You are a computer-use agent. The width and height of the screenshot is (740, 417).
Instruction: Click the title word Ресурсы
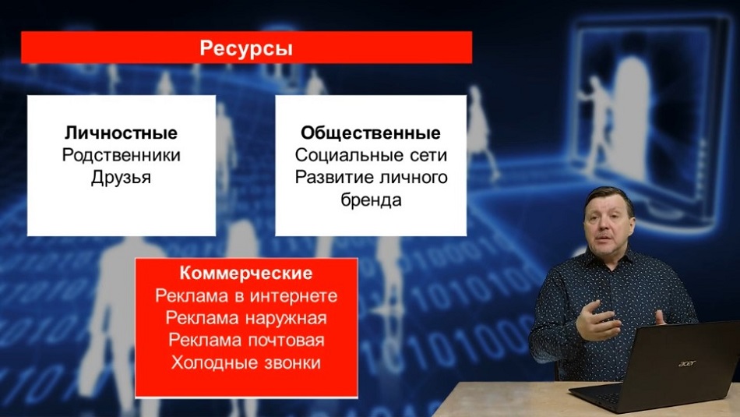[x=246, y=48]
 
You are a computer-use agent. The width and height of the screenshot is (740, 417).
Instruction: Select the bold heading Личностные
[x=122, y=133]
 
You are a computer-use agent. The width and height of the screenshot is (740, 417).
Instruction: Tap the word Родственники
[x=122, y=155]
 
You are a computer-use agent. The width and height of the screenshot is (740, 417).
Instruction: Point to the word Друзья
[x=122, y=178]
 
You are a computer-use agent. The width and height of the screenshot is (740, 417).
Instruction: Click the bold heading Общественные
[x=371, y=133]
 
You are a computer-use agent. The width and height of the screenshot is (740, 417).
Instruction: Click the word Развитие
[x=335, y=177]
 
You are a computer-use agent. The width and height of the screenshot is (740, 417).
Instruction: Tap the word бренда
[x=371, y=200]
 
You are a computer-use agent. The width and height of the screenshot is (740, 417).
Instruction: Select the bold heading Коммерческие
[x=246, y=273]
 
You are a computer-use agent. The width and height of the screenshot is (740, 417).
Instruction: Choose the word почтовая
[x=286, y=340]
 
